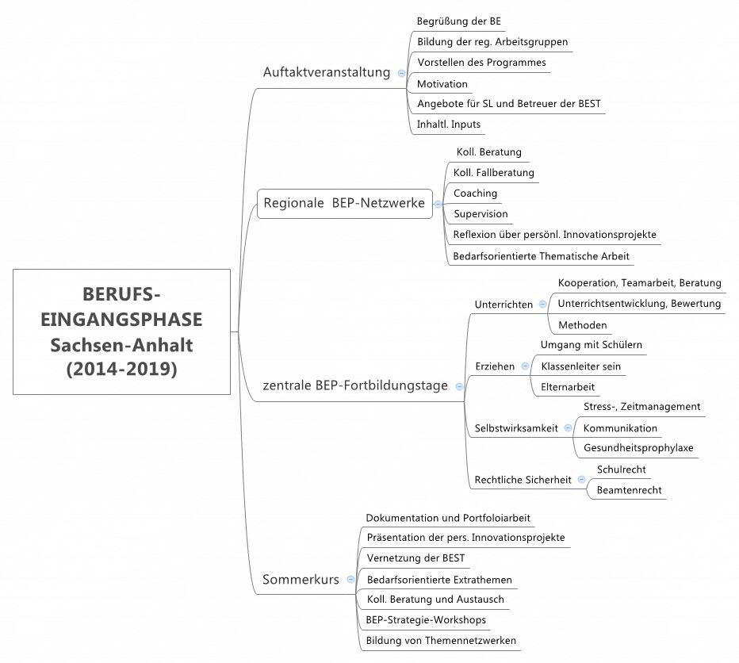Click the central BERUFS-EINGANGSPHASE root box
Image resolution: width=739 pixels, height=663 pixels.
pos(121,331)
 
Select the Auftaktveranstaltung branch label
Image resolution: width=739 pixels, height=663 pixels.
pos(327,72)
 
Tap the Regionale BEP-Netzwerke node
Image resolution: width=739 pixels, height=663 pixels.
pos(343,203)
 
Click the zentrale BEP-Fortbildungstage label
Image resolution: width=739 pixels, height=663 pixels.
pos(354,386)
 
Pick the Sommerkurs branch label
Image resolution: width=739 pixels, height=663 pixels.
pos(301,580)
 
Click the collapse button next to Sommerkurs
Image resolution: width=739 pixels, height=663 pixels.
pos(350,580)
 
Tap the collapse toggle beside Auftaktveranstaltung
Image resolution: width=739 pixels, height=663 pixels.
pos(401,73)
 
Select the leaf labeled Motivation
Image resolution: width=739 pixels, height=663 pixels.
pos(442,84)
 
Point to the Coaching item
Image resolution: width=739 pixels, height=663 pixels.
pos(476,194)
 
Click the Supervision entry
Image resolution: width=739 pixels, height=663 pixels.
pos(481,214)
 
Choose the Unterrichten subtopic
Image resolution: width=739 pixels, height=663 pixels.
pos(504,305)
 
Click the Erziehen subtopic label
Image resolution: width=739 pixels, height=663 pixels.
pos(495,366)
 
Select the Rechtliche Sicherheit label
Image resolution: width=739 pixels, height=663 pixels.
pos(523,480)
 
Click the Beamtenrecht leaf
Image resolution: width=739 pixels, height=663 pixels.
pos(630,491)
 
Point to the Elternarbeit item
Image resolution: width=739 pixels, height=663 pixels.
pos(568,387)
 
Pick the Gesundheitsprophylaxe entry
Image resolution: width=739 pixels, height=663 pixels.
pos(638,448)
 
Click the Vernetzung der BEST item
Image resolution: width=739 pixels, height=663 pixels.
pos(415,558)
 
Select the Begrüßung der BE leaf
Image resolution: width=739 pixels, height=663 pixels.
pos(458,21)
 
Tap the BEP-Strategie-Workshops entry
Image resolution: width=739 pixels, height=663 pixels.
pos(426,620)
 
